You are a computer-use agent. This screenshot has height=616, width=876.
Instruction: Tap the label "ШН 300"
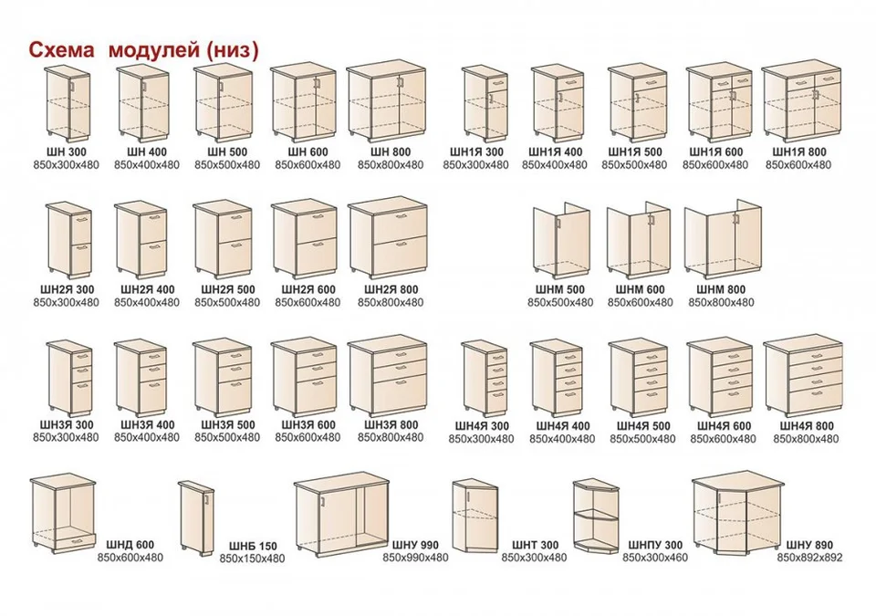tap(66, 152)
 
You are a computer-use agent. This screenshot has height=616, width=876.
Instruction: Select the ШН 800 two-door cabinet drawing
tap(386, 102)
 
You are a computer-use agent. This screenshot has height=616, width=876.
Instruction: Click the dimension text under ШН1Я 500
tap(634, 165)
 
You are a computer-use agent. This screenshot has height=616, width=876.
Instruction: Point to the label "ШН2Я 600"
tap(308, 289)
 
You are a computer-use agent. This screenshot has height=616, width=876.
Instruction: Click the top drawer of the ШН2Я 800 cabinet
tap(399, 221)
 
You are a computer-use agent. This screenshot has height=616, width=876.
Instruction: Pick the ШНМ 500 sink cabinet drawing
tap(560, 241)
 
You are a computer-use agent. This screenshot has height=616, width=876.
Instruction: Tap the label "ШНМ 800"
tap(721, 289)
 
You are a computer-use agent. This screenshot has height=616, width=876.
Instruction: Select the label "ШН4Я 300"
tap(482, 426)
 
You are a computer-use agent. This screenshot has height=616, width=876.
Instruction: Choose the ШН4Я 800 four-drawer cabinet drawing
tap(803, 376)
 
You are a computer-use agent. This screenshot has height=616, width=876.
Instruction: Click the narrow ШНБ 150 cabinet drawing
tap(197, 517)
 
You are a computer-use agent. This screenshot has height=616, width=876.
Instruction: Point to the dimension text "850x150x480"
tap(252, 559)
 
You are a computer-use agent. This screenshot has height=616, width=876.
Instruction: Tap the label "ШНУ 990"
tap(415, 545)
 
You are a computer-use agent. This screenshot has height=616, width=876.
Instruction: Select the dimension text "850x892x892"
tap(809, 558)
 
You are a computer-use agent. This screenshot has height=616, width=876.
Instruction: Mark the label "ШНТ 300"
tap(535, 545)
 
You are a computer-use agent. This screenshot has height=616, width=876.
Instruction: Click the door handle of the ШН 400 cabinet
tap(144, 86)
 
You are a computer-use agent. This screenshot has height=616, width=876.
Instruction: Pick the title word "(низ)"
tap(233, 50)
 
